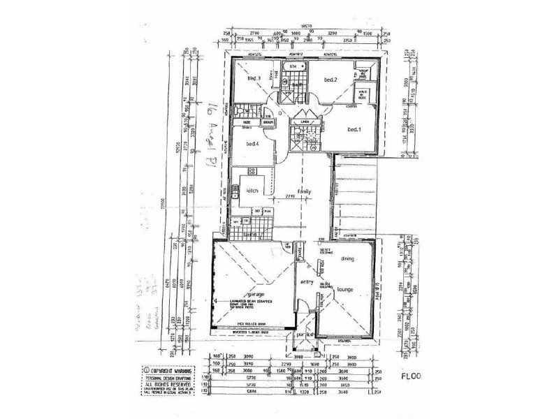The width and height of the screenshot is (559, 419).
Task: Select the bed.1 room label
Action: pos(355,130)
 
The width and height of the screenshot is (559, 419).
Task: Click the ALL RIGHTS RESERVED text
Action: pos(170,384)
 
